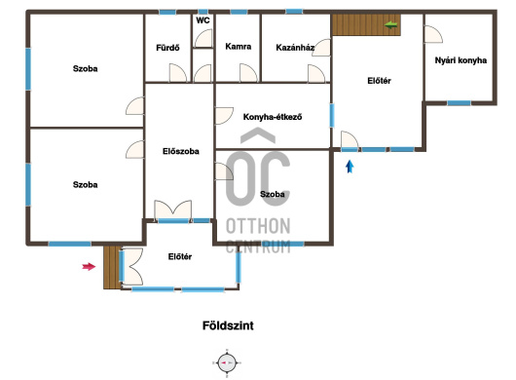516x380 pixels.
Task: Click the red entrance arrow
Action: [x=89, y=266]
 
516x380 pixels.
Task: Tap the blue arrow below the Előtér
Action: [x=350, y=167]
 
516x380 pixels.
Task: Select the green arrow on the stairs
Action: [x=390, y=24]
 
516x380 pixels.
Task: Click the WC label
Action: [x=203, y=20]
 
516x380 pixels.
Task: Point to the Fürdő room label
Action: [x=167, y=48]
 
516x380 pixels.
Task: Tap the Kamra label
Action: [x=239, y=47]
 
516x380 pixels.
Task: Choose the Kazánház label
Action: [x=295, y=48]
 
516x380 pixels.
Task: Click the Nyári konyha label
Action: [x=461, y=60]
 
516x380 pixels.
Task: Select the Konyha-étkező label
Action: [x=273, y=117]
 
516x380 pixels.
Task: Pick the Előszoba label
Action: [x=181, y=151]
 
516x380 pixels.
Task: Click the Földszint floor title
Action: [x=228, y=325]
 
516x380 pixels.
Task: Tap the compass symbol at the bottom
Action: [x=227, y=362]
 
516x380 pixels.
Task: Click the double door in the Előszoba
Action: [x=173, y=209]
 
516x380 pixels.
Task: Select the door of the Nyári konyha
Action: [x=433, y=34]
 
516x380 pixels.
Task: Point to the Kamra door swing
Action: [x=248, y=73]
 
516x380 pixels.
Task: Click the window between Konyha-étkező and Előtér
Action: [x=332, y=115]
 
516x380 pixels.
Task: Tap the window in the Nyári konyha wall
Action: [x=459, y=103]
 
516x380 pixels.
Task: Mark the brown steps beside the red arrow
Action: [x=112, y=267]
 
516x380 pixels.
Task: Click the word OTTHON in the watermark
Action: [x=258, y=226]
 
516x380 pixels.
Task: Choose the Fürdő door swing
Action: [x=178, y=73]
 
